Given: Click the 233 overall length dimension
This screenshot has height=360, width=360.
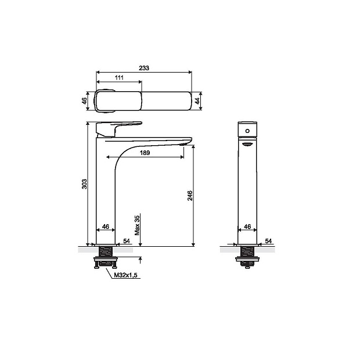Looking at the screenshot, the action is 144,68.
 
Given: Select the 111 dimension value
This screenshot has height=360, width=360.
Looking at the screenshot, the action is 119,78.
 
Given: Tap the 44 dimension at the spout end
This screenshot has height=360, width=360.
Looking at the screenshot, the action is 197,101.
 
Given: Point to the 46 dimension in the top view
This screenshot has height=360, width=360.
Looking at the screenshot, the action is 85,100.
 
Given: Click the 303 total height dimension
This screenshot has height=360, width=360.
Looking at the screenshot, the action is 85,184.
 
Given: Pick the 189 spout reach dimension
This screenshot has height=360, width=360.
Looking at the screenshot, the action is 145,153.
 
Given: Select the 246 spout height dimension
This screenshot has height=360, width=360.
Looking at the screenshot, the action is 190,196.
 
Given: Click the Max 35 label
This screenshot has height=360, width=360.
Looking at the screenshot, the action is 137,225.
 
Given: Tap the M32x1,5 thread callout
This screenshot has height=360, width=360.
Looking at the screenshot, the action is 125,275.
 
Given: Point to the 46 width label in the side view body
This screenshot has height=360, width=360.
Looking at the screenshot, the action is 105,226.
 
